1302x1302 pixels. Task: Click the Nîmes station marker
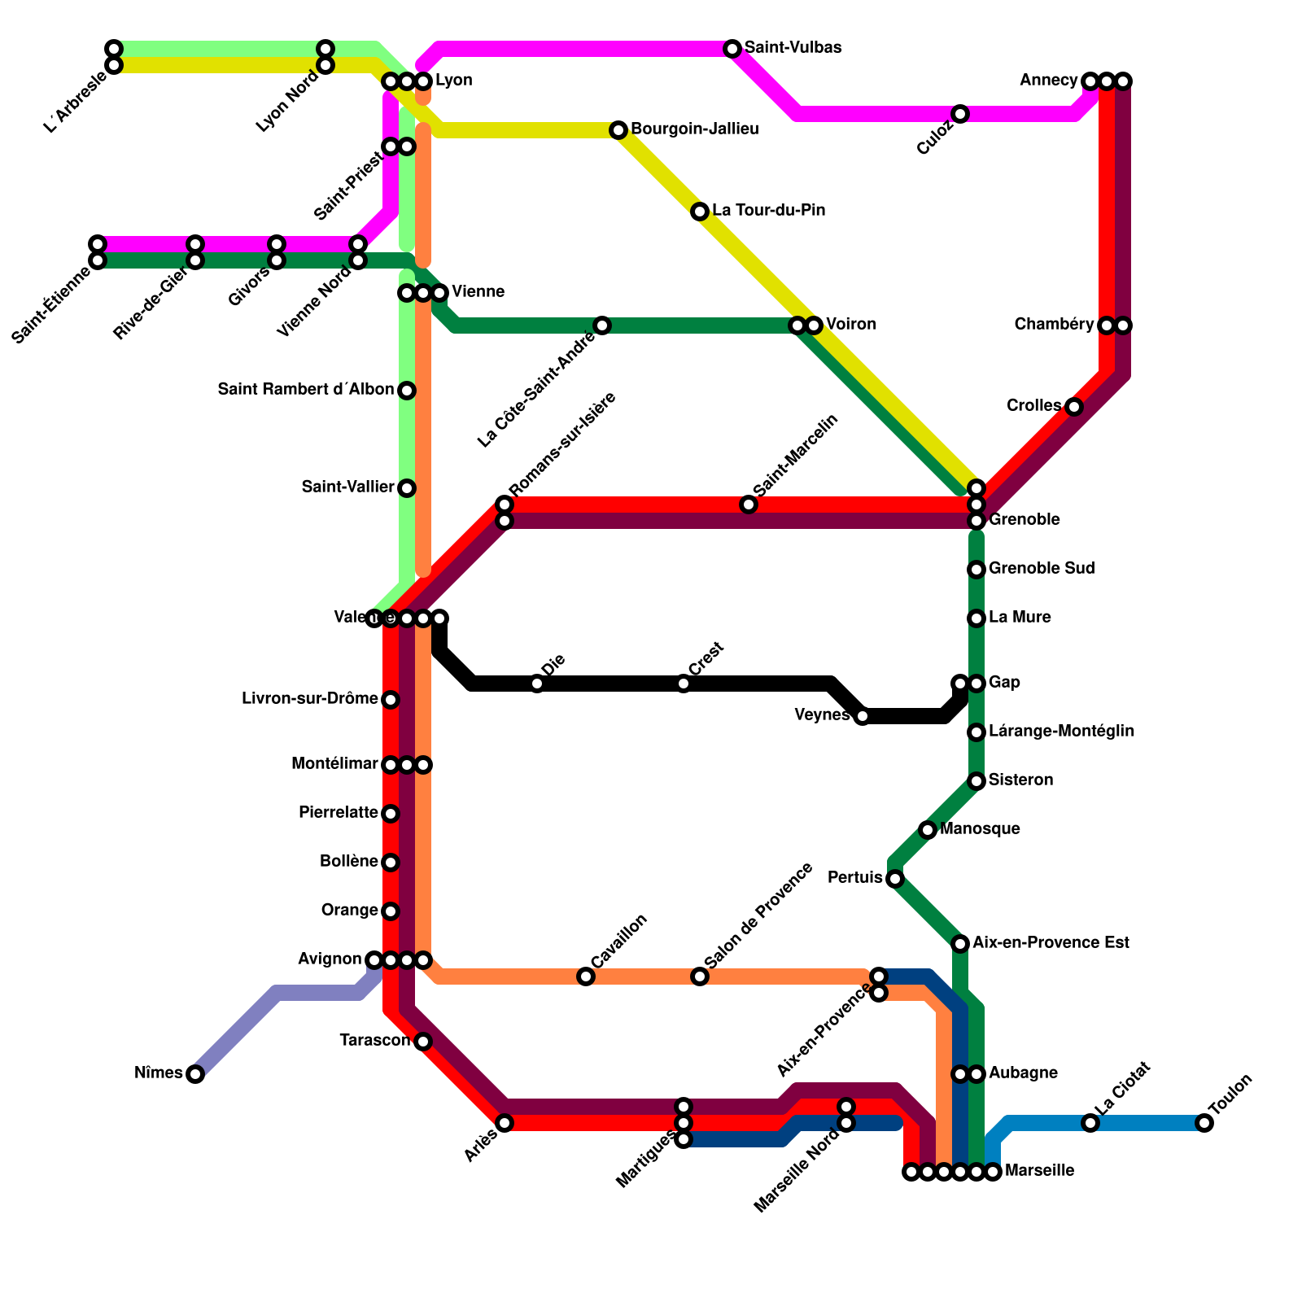point(195,1074)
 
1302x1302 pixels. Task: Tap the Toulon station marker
point(1204,1123)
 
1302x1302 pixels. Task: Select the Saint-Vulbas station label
point(793,48)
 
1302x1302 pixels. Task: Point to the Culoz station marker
point(960,114)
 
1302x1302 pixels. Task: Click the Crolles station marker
point(1074,407)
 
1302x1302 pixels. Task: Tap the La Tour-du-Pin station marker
point(700,212)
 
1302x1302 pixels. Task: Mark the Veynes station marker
point(863,716)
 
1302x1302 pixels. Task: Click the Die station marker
point(537,684)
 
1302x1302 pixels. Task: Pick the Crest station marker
point(684,684)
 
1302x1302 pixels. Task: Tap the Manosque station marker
point(928,830)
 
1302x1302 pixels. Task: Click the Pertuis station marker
point(895,879)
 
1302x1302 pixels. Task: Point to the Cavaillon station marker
point(586,976)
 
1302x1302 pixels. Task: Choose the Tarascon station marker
point(423,1042)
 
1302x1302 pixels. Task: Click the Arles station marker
point(505,1123)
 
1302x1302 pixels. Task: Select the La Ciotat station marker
point(1090,1123)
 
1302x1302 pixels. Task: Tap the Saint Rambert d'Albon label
point(306,391)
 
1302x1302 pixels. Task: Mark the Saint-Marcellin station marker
point(749,505)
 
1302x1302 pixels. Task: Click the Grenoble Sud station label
point(1042,569)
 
